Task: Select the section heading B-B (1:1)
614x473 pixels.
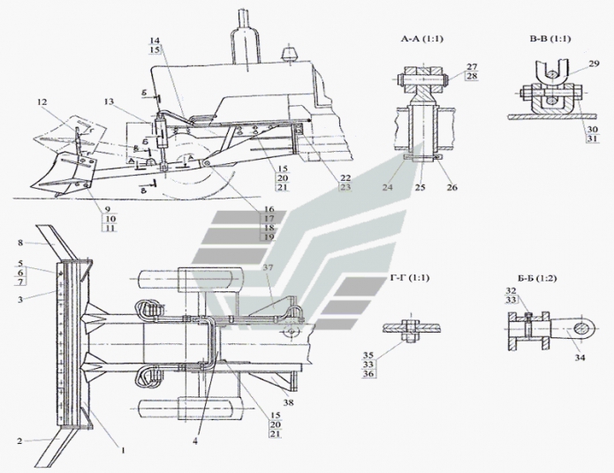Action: [550, 41]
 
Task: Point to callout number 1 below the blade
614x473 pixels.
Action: [123, 451]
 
